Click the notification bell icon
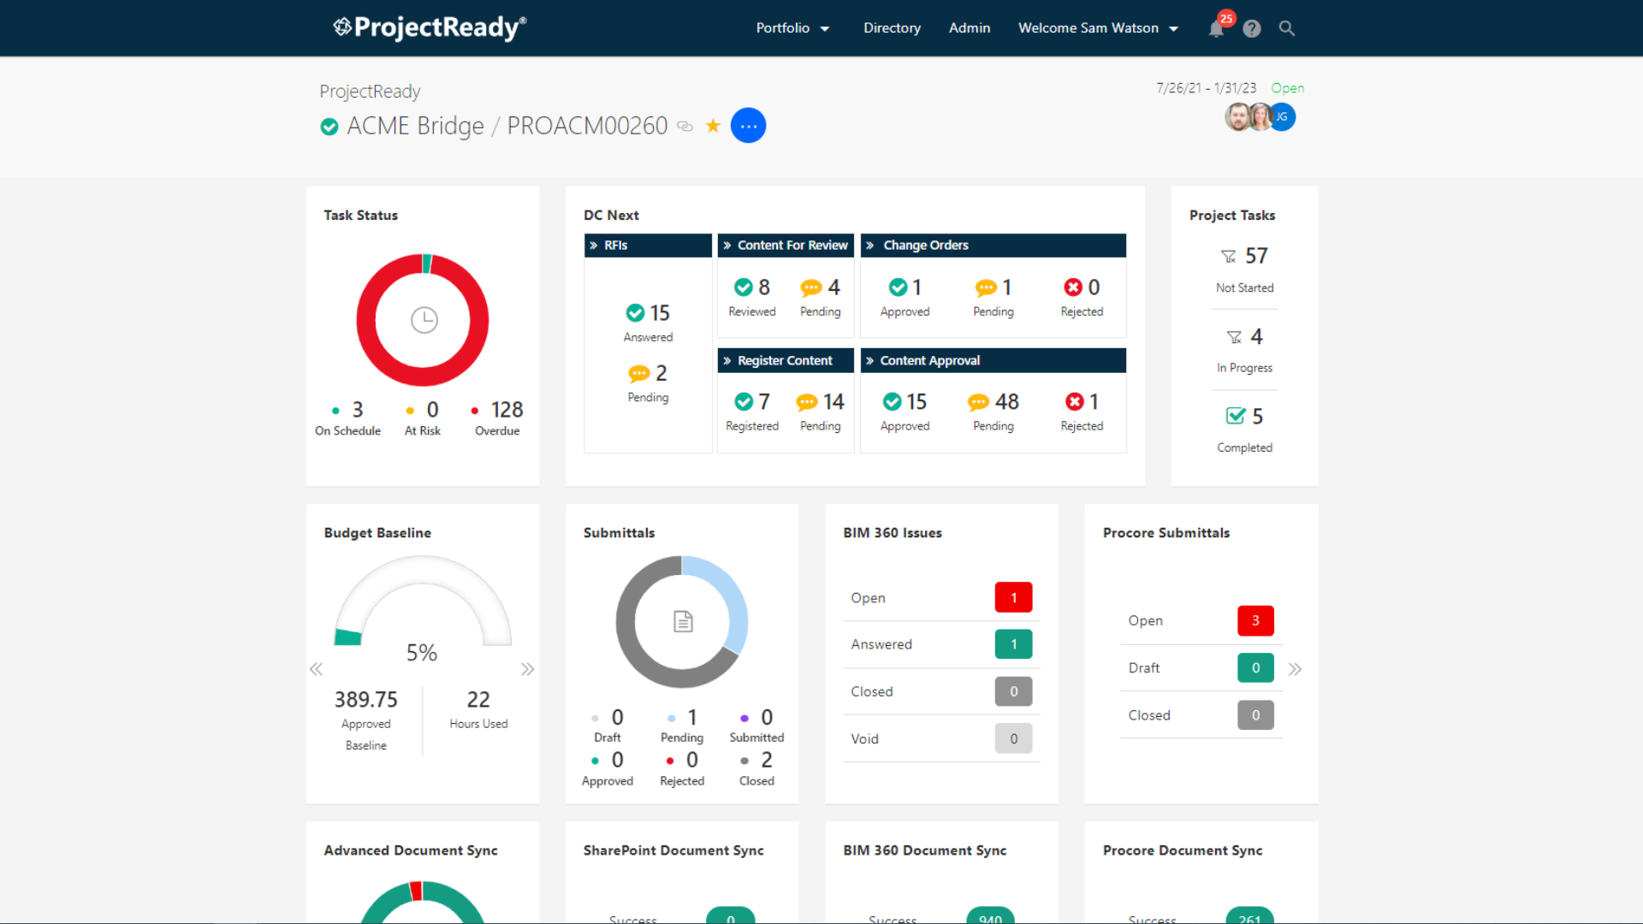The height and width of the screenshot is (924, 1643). pos(1216,29)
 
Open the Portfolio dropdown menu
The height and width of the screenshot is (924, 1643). pos(792,28)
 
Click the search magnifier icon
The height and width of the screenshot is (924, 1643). pos(1286,28)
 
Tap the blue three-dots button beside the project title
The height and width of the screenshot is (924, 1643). pos(748,126)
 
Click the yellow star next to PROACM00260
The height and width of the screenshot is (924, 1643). pos(713,126)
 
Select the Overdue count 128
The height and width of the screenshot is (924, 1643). pos(507,410)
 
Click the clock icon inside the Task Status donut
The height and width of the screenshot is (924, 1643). pos(424,320)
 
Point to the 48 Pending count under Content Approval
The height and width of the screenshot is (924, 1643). pos(1006,401)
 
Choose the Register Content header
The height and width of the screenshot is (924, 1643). pos(785,360)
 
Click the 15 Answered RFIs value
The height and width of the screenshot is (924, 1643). pos(658,313)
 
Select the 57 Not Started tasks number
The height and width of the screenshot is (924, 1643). pos(1256,256)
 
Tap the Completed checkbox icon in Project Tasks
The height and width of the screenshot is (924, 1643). pos(1235,416)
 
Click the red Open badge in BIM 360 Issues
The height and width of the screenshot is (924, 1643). pos(1013,597)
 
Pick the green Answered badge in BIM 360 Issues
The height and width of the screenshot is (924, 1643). pos(1013,644)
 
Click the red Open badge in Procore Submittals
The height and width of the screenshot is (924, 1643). pos(1255,621)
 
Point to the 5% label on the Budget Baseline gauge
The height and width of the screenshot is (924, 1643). pos(422,653)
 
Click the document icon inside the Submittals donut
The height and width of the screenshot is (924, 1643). pos(682,621)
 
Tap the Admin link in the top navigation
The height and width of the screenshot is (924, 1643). pos(970,28)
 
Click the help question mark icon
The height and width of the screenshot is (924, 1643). pos(1252,29)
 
